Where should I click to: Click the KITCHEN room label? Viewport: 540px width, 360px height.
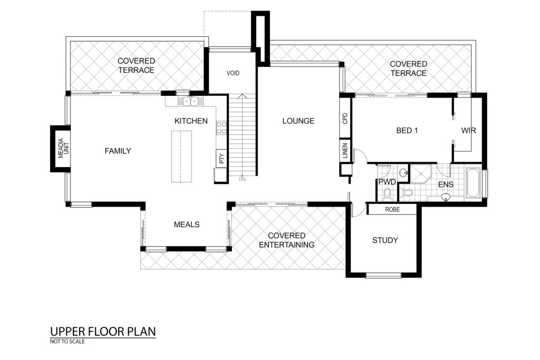(191, 121)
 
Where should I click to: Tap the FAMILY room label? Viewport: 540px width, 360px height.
(118, 151)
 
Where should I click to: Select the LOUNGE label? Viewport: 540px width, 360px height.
(298, 121)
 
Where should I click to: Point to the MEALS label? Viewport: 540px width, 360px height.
(187, 225)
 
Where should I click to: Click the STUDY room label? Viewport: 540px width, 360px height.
(385, 240)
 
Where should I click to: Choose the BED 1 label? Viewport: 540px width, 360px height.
(407, 130)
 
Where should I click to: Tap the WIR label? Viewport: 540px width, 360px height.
(468, 130)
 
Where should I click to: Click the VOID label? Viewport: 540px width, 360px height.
(233, 73)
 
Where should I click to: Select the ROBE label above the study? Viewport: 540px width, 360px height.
(392, 209)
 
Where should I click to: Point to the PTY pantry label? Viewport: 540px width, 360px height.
(221, 158)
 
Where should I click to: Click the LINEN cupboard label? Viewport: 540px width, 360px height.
(345, 151)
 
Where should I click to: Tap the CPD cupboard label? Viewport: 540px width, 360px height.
(345, 119)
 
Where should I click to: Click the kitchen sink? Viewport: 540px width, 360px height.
(190, 101)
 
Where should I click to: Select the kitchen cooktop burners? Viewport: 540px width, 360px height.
(221, 128)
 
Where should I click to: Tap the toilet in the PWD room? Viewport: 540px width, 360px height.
(387, 194)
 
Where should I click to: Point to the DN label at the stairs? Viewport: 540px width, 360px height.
(242, 179)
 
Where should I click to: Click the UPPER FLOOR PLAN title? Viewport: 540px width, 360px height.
(103, 332)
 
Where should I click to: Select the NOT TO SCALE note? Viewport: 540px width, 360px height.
(67, 342)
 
